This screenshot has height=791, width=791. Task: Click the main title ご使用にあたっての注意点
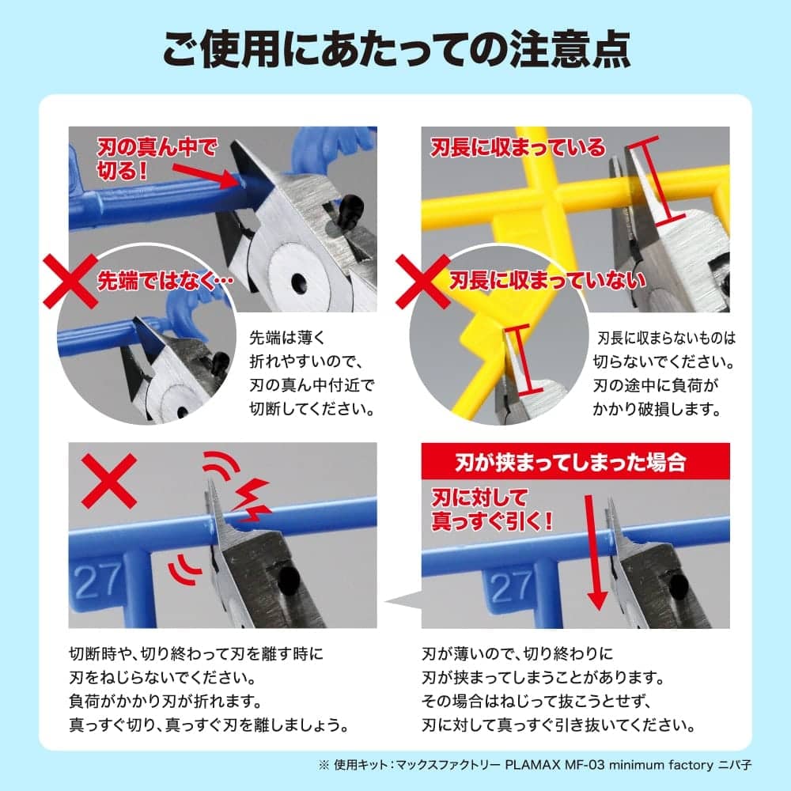[395, 50]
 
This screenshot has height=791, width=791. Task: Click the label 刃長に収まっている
[517, 147]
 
